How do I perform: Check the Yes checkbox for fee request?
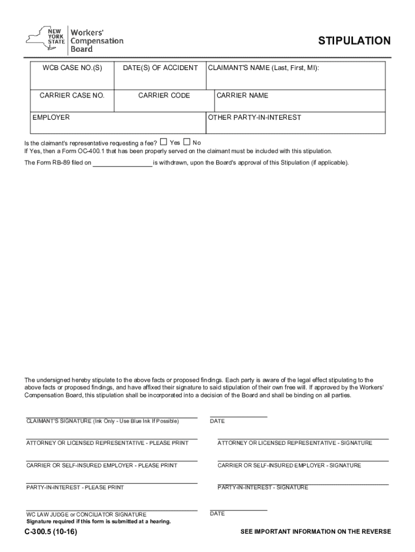(163, 142)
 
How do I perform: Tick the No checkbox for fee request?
(186, 142)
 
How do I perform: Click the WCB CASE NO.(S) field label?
(72, 68)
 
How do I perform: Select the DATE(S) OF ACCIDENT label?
(160, 68)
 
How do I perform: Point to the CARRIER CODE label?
(164, 95)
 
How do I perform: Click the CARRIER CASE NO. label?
(72, 95)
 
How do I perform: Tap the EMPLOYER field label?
(51, 117)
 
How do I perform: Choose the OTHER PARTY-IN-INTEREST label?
(254, 117)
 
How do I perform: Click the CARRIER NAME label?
(242, 95)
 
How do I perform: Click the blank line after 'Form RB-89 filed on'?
(122, 162)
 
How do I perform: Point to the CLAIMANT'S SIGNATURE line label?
(102, 421)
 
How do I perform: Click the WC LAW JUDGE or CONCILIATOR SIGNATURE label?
(86, 514)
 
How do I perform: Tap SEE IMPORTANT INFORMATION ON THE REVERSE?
(316, 532)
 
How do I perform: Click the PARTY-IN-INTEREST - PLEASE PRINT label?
(75, 487)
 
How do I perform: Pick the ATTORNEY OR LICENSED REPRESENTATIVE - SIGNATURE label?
(294, 443)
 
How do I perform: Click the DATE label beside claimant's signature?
(217, 421)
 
